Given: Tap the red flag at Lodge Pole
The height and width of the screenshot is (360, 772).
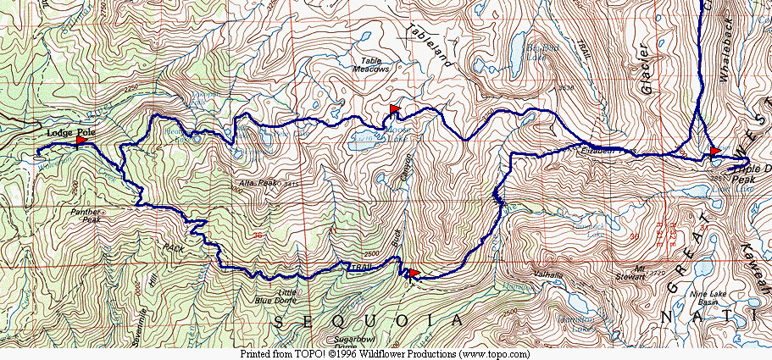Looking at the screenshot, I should [81, 141].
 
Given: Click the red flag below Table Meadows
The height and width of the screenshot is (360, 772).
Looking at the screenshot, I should [394, 109].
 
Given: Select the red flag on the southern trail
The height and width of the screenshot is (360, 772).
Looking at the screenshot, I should [413, 273].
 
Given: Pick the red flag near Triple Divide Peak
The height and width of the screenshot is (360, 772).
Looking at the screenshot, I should [714, 151].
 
